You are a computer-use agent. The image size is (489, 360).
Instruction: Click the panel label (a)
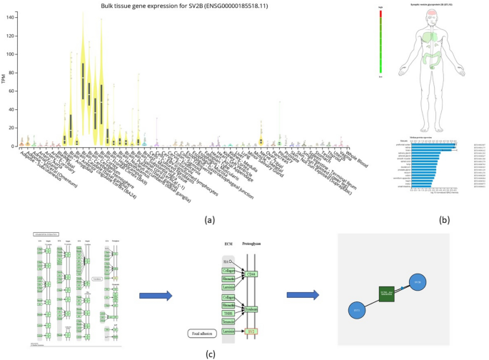coord(209,220)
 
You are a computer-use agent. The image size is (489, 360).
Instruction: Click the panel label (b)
coord(444,220)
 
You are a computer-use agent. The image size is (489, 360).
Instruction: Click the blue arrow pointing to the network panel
coord(301,294)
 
